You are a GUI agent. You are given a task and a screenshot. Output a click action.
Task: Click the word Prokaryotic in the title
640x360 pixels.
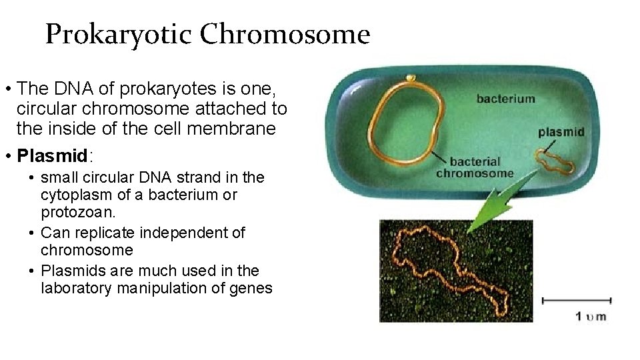(119, 35)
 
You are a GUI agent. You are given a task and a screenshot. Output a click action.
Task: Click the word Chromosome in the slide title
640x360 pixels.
(285, 35)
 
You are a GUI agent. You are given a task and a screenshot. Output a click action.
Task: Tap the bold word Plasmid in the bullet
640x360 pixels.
(53, 156)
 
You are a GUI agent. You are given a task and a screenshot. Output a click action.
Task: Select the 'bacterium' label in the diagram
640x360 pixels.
(505, 99)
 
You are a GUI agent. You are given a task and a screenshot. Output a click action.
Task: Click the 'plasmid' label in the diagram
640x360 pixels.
(561, 132)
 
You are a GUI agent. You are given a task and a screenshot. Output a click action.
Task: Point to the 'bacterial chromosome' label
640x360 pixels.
(475, 167)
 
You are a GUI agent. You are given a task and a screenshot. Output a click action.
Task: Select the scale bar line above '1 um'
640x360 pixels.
(577, 301)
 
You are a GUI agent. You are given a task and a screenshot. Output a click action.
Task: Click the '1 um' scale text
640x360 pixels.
(591, 316)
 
